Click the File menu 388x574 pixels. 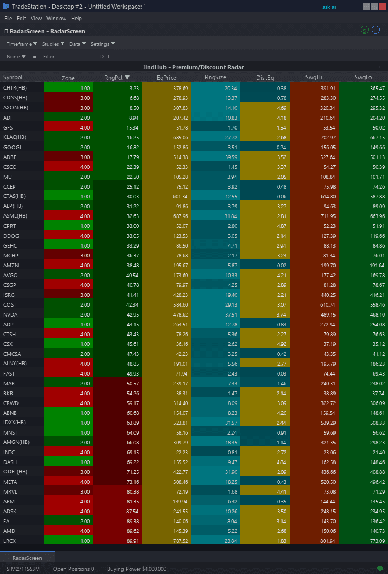(8, 19)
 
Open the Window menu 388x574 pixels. (56, 19)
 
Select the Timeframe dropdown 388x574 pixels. (21, 44)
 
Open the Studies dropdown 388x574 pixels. (53, 44)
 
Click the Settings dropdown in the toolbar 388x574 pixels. (102, 44)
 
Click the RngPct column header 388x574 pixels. (116, 78)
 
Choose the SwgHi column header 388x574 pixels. (314, 78)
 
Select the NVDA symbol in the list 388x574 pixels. (10, 314)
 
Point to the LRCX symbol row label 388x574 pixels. (10, 541)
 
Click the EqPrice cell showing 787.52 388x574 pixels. (166, 541)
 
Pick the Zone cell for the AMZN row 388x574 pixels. (68, 265)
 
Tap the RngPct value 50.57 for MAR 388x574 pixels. (117, 383)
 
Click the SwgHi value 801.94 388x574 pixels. (314, 541)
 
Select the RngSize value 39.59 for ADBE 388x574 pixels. (215, 157)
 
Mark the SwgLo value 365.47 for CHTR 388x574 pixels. (363, 88)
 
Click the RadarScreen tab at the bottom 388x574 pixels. (27, 558)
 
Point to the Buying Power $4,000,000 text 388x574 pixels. (137, 569)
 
